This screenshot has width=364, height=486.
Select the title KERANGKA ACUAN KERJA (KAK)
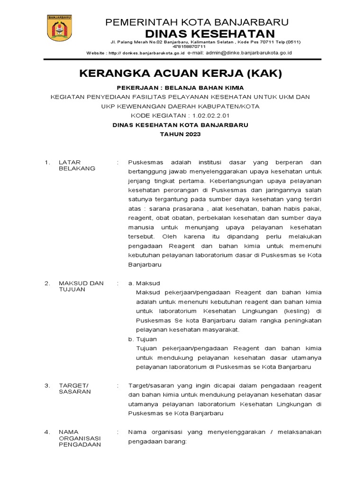pyautogui.click(x=180, y=74)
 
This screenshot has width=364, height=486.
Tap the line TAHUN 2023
pyautogui.click(x=180, y=134)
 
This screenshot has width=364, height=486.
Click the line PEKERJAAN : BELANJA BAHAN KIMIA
pyautogui.click(x=180, y=88)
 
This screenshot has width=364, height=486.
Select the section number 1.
pyautogui.click(x=47, y=162)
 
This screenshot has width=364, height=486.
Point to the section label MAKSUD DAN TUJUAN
pyautogui.click(x=81, y=286)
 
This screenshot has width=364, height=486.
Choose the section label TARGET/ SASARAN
pyautogui.click(x=74, y=389)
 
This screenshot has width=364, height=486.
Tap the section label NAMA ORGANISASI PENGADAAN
pyautogui.click(x=77, y=438)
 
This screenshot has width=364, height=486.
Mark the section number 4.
pyautogui.click(x=47, y=432)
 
